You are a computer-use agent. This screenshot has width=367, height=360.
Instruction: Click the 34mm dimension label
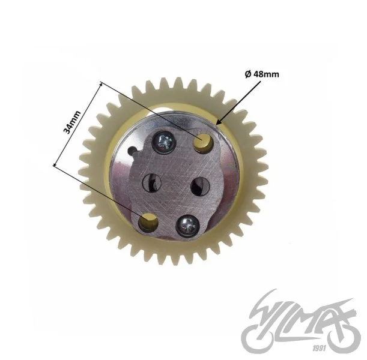coord(72,122)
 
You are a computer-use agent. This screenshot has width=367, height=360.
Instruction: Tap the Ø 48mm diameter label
coord(262,74)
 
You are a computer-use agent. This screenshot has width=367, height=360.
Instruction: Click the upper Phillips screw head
coord(163,143)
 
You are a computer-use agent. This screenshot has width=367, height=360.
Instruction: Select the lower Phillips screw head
coord(187,226)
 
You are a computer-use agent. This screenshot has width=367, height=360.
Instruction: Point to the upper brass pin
coord(202,143)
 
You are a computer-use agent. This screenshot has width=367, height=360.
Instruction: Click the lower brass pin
coord(148,221)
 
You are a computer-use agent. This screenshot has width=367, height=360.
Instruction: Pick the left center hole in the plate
coord(152,183)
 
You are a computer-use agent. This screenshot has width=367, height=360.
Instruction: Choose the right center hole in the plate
coord(200,187)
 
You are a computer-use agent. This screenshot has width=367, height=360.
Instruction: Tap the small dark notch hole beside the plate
coord(133,150)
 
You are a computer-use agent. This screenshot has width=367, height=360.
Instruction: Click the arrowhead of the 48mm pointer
coord(219,122)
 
